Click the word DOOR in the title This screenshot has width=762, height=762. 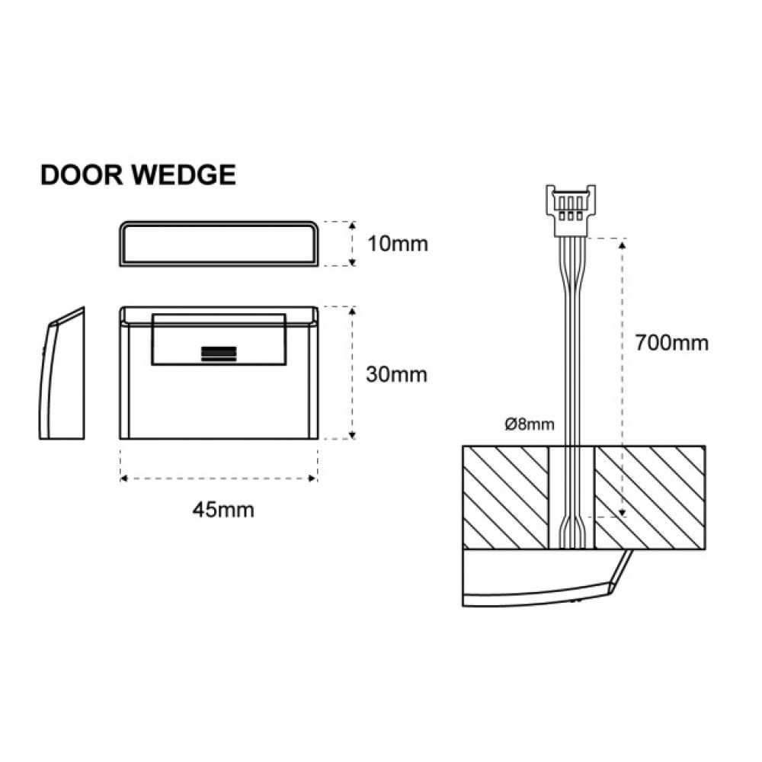coord(82,174)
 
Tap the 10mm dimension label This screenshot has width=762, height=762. coord(398,244)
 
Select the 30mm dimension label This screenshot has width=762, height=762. coord(396,374)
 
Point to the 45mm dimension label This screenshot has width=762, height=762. coord(223,510)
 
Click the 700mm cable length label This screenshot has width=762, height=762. coord(671,343)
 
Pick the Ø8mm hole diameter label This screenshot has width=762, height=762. coord(530,424)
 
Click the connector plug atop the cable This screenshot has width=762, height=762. coord(571,210)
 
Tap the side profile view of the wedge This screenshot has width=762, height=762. coord(62,373)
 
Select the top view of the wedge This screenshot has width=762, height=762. coord(219,244)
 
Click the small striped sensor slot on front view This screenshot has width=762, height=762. coord(219,354)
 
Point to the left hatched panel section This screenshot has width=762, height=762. coord(505,498)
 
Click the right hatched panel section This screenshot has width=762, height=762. coord(650,498)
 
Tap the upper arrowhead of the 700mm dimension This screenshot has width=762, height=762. coord(623,244)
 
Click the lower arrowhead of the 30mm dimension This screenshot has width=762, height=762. coord(352,435)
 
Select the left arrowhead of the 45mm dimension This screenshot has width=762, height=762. coord(124,479)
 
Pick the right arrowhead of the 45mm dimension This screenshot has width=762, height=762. coord(313,479)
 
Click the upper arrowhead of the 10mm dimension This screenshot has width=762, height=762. coord(352,226)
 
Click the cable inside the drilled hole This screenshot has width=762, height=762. coord(571,498)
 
